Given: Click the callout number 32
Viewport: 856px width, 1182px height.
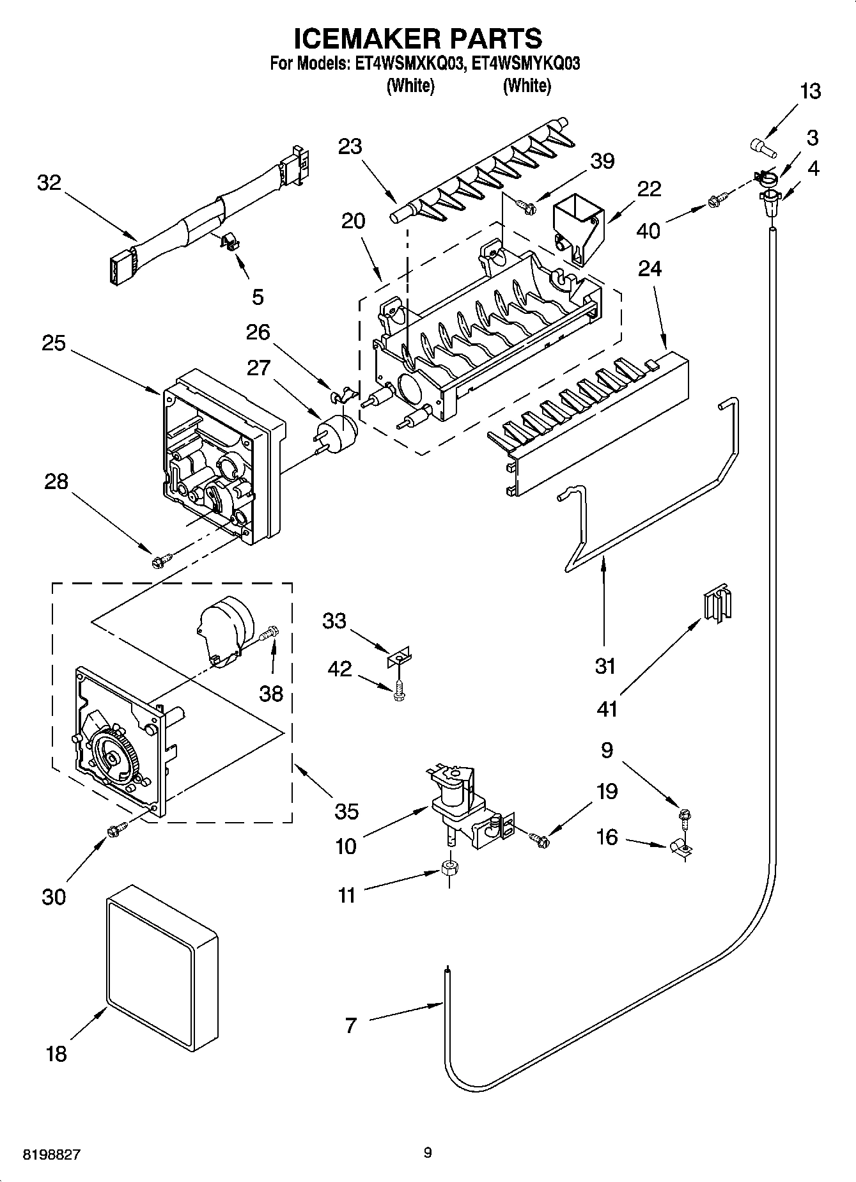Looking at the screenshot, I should coord(49,183).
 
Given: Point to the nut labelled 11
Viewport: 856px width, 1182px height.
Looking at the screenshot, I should coord(449,869).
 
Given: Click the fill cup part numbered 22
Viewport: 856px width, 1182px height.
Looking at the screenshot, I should coord(577,228).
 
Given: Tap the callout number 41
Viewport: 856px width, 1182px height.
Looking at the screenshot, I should coord(607,708).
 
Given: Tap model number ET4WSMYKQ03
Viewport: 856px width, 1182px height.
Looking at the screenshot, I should coord(525,64).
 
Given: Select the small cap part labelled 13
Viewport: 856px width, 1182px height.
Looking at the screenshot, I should coord(761,146).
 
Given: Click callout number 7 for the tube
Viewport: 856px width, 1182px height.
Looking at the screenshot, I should coord(350,1025).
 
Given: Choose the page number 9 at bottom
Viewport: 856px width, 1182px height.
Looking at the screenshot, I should coord(428,1153).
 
